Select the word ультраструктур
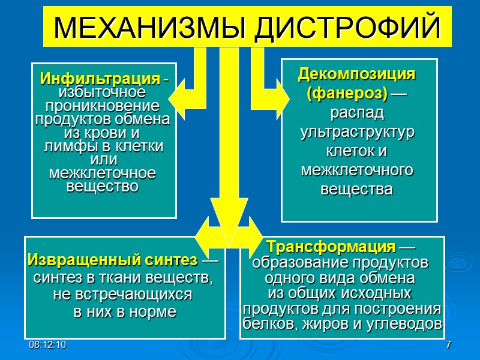tap(358, 132)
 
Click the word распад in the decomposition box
tap(358, 113)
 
